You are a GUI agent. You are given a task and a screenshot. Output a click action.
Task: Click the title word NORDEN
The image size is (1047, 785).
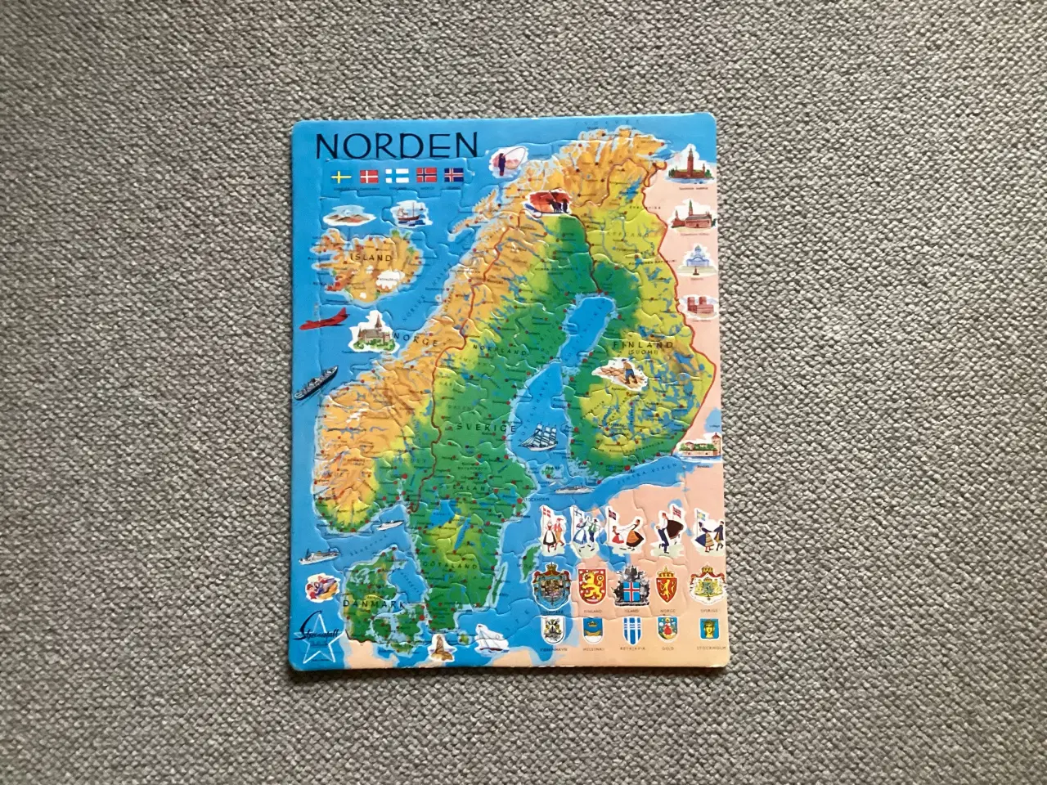click(396, 146)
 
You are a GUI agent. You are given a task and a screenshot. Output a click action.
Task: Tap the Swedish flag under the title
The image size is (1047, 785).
click(340, 176)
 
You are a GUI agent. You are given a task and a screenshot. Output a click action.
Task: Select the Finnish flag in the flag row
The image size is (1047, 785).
click(398, 175)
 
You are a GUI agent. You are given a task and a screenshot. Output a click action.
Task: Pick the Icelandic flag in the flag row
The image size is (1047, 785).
click(453, 174)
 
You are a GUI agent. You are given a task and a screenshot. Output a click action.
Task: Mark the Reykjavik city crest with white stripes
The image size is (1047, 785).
click(630, 630)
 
